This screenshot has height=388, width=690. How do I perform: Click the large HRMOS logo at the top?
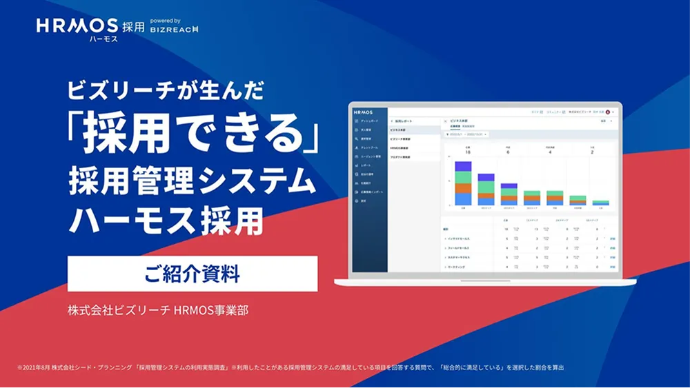77,25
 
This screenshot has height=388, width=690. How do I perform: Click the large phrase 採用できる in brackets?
195,132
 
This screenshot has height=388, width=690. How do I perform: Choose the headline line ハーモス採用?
166,221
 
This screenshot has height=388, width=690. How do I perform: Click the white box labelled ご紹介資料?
192,274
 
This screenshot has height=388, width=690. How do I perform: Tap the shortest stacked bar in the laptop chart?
601,203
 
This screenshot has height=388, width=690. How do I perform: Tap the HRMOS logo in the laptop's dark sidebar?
362,110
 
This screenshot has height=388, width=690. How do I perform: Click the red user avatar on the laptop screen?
607,111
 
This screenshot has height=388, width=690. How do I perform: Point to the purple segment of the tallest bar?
463,167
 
